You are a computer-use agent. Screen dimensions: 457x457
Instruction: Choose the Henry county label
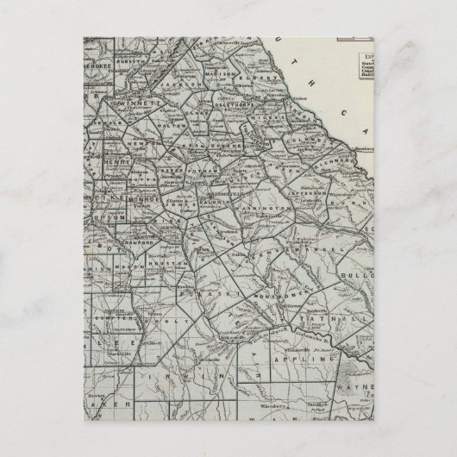click(x=112, y=162)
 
